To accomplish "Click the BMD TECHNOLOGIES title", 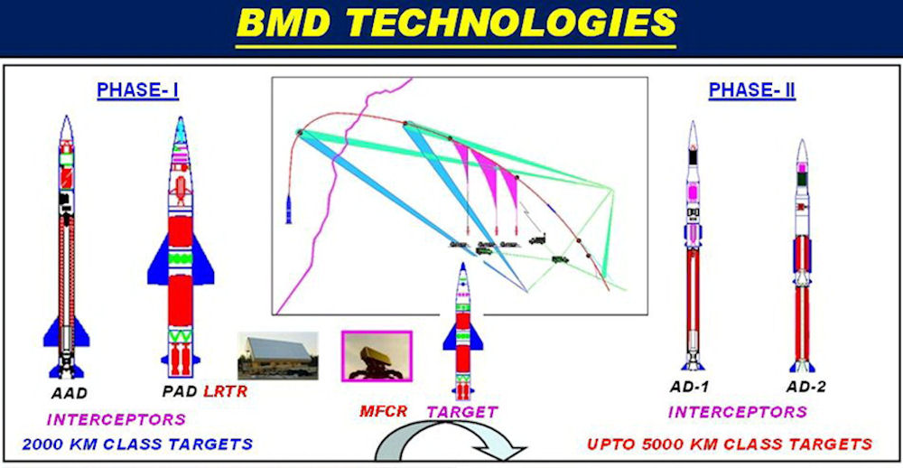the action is [456, 23].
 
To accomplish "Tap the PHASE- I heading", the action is [137, 90].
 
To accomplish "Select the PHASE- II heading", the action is [752, 90].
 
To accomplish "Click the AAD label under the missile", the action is [69, 394].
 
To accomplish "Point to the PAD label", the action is [180, 391].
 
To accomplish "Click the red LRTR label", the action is [225, 391].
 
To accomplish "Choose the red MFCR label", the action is [384, 411].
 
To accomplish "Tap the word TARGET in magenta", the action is [461, 411].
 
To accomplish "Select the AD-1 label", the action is [689, 387].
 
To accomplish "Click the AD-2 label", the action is [805, 387].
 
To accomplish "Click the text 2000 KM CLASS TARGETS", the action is [137, 445].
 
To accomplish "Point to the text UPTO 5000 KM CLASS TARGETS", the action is [729, 445].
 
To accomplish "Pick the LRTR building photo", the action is [277, 356].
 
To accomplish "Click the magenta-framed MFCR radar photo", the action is [377, 356].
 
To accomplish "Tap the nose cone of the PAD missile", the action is [181, 130].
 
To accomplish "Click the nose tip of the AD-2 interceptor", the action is [802, 140].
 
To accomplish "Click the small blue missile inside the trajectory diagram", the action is [289, 210].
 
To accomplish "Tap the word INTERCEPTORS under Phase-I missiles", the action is [116, 419].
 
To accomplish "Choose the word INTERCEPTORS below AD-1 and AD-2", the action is [738, 412].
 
